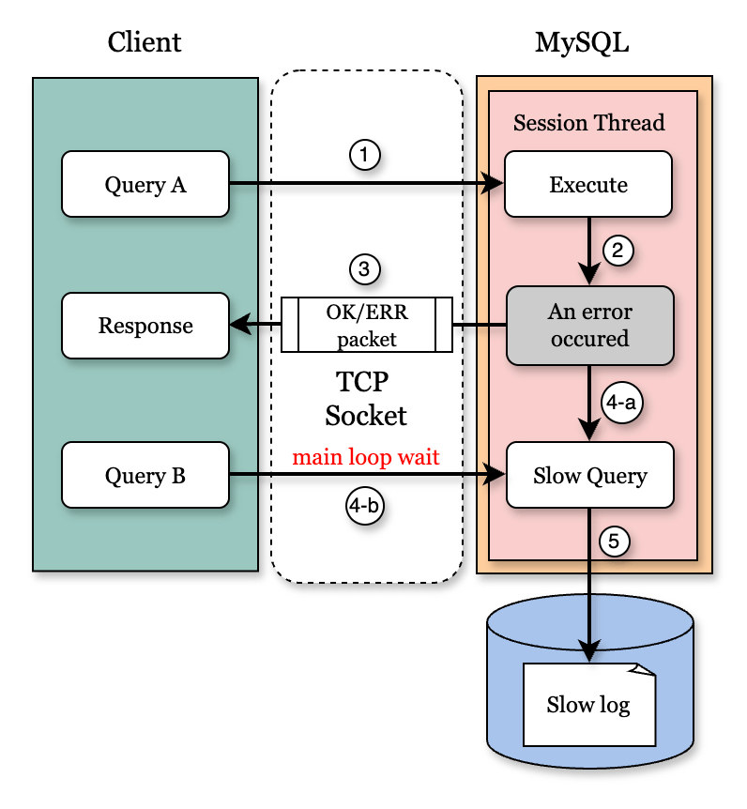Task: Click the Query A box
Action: (x=145, y=185)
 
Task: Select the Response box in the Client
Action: (x=145, y=326)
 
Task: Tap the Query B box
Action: (x=145, y=476)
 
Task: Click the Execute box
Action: (x=588, y=185)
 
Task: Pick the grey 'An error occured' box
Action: (x=590, y=326)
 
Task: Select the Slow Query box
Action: (x=590, y=476)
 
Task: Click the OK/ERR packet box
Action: (x=367, y=325)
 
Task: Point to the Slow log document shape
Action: (x=588, y=705)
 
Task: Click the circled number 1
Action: (x=365, y=154)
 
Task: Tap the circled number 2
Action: (x=617, y=251)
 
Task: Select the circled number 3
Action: (x=365, y=269)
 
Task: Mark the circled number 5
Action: (x=615, y=542)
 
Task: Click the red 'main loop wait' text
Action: (x=366, y=458)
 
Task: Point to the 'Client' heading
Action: (x=145, y=42)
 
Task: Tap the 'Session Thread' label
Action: (x=589, y=123)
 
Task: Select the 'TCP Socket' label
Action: (x=366, y=399)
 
